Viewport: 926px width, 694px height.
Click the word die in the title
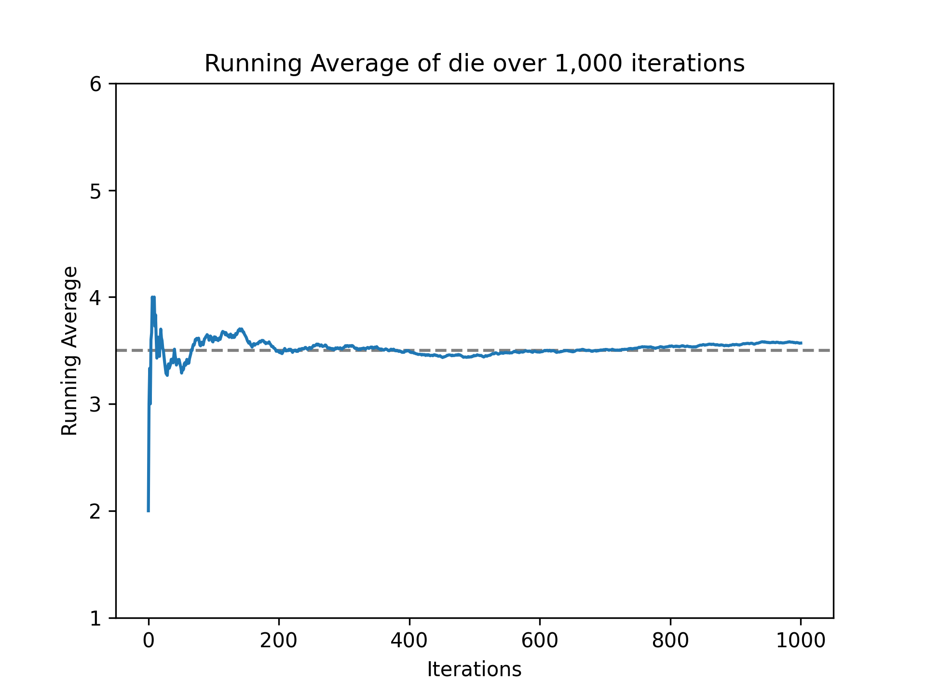[x=462, y=64]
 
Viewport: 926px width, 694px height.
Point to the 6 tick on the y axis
[x=95, y=84]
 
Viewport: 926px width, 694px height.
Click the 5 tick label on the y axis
[x=95, y=191]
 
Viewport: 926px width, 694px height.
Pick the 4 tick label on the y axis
[x=95, y=298]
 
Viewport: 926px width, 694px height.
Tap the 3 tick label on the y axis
[x=95, y=405]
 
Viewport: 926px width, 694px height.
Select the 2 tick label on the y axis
[x=95, y=511]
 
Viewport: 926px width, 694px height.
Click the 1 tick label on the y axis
[x=95, y=618]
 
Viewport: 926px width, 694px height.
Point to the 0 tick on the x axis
[x=149, y=641]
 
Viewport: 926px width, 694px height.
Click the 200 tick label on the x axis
[x=279, y=641]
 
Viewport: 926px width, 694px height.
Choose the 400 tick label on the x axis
[x=409, y=641]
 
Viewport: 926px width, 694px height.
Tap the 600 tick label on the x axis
[x=539, y=641]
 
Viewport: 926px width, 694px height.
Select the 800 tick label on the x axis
[x=670, y=641]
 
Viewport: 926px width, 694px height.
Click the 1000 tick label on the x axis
[x=801, y=641]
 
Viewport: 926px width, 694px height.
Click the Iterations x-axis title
[x=474, y=670]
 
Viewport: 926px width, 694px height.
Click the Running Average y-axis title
[x=69, y=351]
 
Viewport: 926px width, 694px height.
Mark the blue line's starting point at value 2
[x=149, y=510]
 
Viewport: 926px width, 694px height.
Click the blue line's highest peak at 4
[x=153, y=298]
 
